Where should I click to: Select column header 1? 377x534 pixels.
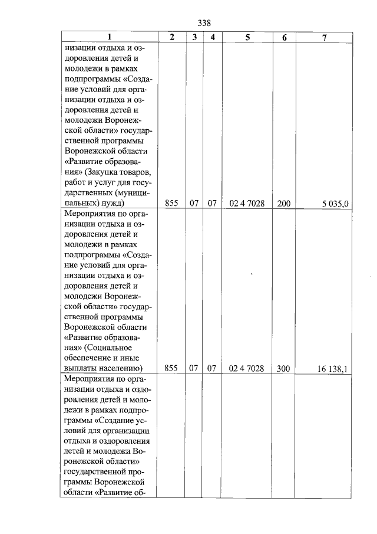(109, 37)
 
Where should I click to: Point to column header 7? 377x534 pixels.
(324, 37)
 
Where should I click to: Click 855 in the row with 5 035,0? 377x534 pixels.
(171, 204)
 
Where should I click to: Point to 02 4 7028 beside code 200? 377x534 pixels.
(247, 204)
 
